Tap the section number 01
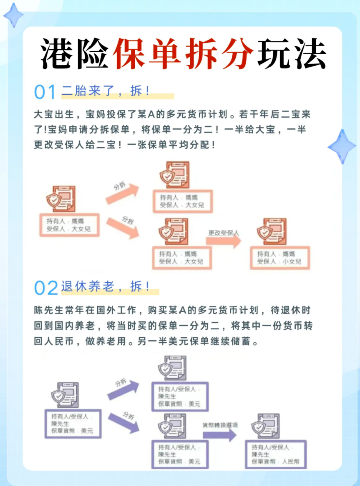[x=45, y=92]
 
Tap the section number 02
[x=46, y=288]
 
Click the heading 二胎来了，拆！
[x=106, y=91]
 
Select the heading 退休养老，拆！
[x=106, y=286]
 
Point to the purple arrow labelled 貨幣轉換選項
[x=220, y=435]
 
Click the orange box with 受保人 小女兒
[x=280, y=258]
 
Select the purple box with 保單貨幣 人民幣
[x=276, y=454]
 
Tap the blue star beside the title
[x=13, y=15]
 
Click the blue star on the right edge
[x=342, y=146]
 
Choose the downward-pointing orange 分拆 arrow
[x=123, y=228]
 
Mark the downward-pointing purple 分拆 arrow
[x=124, y=423]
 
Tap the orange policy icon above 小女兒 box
[x=272, y=231]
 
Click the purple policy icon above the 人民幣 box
[x=265, y=426]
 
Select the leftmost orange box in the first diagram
[x=69, y=225]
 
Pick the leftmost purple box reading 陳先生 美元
[x=73, y=424]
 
